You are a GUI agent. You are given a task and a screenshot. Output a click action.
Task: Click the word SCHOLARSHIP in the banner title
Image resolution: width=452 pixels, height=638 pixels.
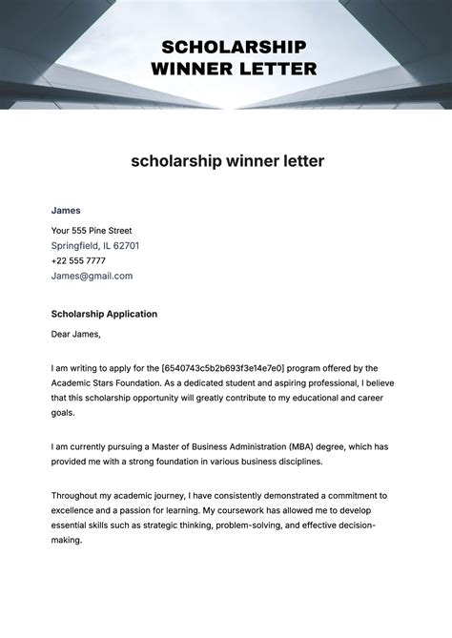234,47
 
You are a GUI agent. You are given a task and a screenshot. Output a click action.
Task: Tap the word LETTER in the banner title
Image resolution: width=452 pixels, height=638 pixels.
277,69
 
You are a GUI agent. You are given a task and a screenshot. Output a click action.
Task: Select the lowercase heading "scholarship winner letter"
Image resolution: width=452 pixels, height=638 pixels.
227,161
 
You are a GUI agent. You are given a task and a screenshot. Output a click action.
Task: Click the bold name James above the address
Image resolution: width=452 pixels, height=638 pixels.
66,210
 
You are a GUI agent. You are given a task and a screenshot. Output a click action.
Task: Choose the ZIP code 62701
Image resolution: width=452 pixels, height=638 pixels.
126,246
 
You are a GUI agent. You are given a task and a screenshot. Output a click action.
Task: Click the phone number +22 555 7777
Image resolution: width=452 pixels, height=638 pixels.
78,260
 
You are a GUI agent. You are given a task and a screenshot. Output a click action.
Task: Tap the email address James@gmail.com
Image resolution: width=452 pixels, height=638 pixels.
92,276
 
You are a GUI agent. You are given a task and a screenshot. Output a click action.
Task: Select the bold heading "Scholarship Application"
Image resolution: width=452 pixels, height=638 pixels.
104,314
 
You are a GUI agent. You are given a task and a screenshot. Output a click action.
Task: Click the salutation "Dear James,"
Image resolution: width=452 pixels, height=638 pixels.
75,334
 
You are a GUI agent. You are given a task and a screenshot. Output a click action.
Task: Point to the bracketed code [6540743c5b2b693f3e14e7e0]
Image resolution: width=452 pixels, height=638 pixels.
223,368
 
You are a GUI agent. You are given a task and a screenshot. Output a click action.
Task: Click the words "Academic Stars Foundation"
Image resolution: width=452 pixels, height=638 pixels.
110,383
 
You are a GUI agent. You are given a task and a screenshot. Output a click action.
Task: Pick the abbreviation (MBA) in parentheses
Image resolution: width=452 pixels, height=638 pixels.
302,446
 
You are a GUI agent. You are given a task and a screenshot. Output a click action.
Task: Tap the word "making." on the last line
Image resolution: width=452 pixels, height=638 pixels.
67,540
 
